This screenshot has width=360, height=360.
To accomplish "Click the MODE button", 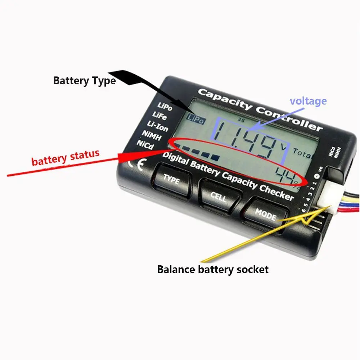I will point(266,215).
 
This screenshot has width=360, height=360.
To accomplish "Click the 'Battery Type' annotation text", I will point(84,80).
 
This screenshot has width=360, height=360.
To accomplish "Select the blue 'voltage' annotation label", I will point(308,101).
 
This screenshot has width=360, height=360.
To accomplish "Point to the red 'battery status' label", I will point(65,157).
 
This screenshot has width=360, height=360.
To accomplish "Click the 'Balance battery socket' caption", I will point(213,269).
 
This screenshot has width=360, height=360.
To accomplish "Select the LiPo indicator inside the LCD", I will point(195,120).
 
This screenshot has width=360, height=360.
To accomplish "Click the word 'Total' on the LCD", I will point(302,153).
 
